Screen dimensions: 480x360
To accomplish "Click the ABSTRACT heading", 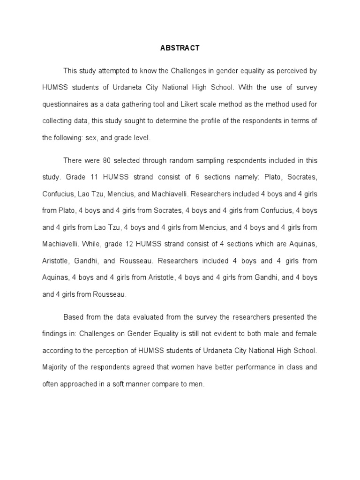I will click(x=180, y=48).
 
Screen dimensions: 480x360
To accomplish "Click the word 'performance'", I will click(x=246, y=367).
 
